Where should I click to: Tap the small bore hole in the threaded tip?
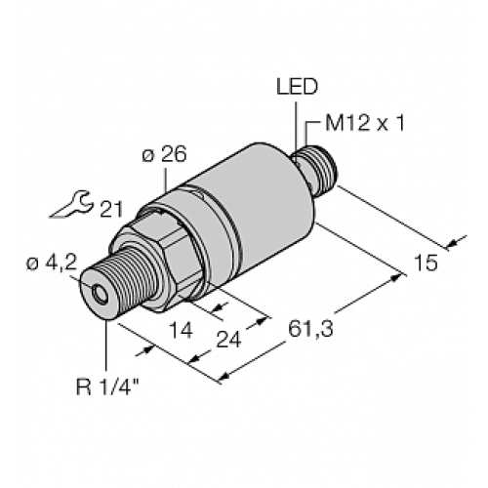(x=99, y=293)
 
